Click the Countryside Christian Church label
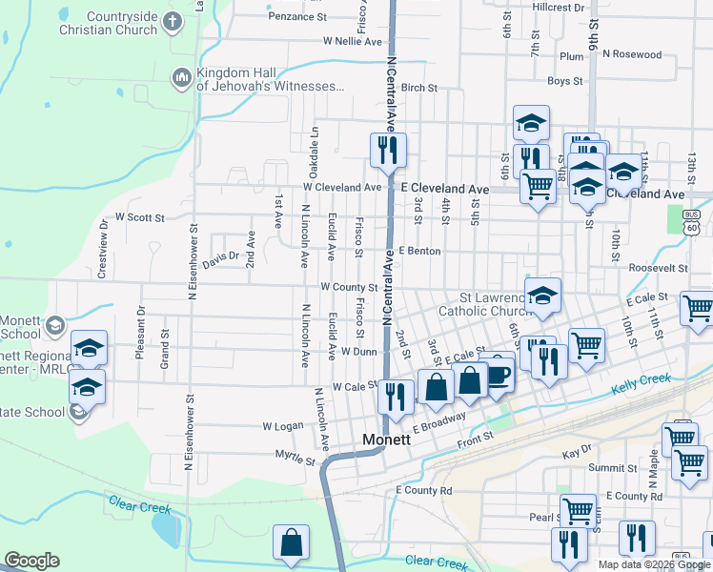pyautogui.click(x=121, y=23)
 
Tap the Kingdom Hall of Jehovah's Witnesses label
pyautogui.click(x=271, y=80)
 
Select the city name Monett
pyautogui.click(x=387, y=440)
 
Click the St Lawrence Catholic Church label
pyautogui.click(x=484, y=304)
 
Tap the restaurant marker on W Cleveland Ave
pyautogui.click(x=388, y=150)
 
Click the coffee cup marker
pyautogui.click(x=498, y=372)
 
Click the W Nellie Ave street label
pyautogui.click(x=353, y=42)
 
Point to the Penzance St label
pyautogui.click(x=297, y=16)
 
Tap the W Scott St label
pyautogui.click(x=140, y=217)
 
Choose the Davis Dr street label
pyautogui.click(x=219, y=256)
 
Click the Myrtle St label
pyautogui.click(x=295, y=460)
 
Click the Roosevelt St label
pyautogui.click(x=658, y=269)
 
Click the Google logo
pyautogui.click(x=31, y=561)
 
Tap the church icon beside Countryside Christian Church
pyautogui.click(x=173, y=22)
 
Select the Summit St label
pyautogui.click(x=612, y=468)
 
